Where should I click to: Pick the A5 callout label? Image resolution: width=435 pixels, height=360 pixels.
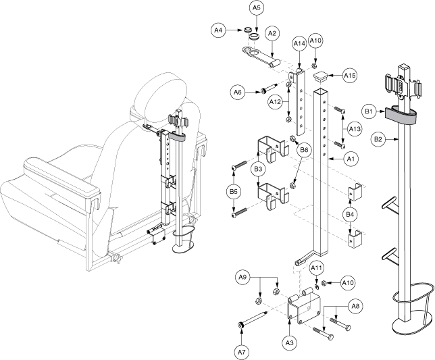[256, 8]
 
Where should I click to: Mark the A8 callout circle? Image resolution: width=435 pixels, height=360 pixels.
[355, 305]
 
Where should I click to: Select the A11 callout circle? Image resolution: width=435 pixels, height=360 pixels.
[315, 268]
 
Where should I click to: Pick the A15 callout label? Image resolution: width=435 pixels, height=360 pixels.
[349, 76]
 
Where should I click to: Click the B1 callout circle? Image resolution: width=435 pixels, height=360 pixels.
[369, 109]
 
